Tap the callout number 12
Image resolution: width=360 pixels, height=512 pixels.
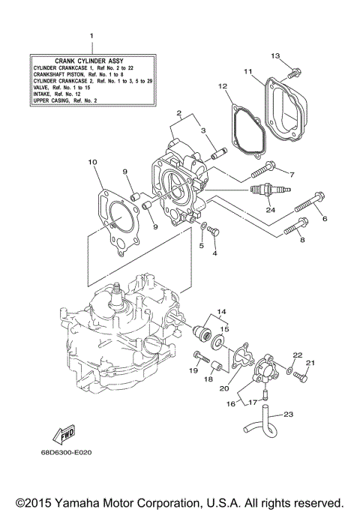point(222,86)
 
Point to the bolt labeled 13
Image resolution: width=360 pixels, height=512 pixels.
point(295,73)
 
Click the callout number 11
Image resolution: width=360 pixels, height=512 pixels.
point(247,71)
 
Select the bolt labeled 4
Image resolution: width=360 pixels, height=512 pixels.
point(214,232)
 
